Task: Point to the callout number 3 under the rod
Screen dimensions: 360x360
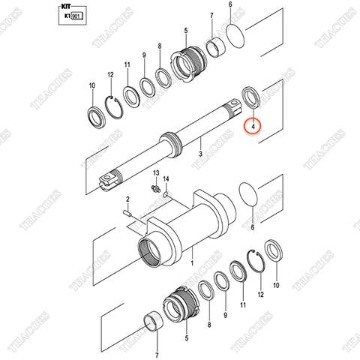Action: tap(200, 153)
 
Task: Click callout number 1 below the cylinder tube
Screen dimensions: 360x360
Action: tap(192, 265)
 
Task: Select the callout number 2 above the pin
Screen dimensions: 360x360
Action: tap(128, 199)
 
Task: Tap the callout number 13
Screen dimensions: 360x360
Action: tap(156, 174)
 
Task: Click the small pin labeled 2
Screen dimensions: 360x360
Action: tap(128, 216)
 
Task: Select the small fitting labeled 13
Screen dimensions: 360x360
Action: tap(156, 189)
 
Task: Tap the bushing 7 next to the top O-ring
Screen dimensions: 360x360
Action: tap(212, 47)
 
